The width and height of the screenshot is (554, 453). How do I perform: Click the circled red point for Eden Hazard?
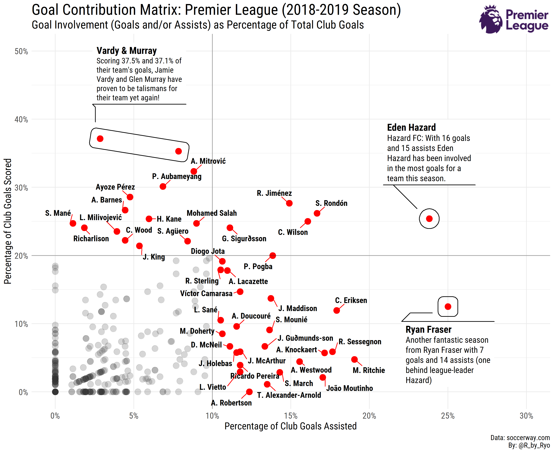pos(429,219)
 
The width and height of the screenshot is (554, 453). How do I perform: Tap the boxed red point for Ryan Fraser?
pos(448,307)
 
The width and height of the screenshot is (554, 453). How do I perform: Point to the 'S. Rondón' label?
pos(331,203)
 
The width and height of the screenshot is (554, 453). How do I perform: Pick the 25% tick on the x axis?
pos(448,416)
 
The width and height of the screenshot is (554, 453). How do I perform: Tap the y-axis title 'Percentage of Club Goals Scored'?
pos(8,221)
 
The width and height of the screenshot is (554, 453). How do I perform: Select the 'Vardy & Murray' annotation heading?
pos(127,51)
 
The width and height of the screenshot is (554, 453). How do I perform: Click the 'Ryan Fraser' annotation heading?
pos(428,330)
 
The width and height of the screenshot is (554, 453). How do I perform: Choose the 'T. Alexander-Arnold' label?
pos(289,395)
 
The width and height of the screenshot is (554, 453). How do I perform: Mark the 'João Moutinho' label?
pos(350,388)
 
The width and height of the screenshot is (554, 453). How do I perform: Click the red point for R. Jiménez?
pos(289,203)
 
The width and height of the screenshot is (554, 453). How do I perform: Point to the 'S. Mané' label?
pos(58,213)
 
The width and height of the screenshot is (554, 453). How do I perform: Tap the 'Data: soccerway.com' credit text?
pos(520,438)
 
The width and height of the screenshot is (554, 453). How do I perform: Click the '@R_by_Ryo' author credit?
pos(534,446)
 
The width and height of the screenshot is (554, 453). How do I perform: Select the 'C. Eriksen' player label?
pos(351,300)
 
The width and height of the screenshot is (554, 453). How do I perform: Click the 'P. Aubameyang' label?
pos(177,176)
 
